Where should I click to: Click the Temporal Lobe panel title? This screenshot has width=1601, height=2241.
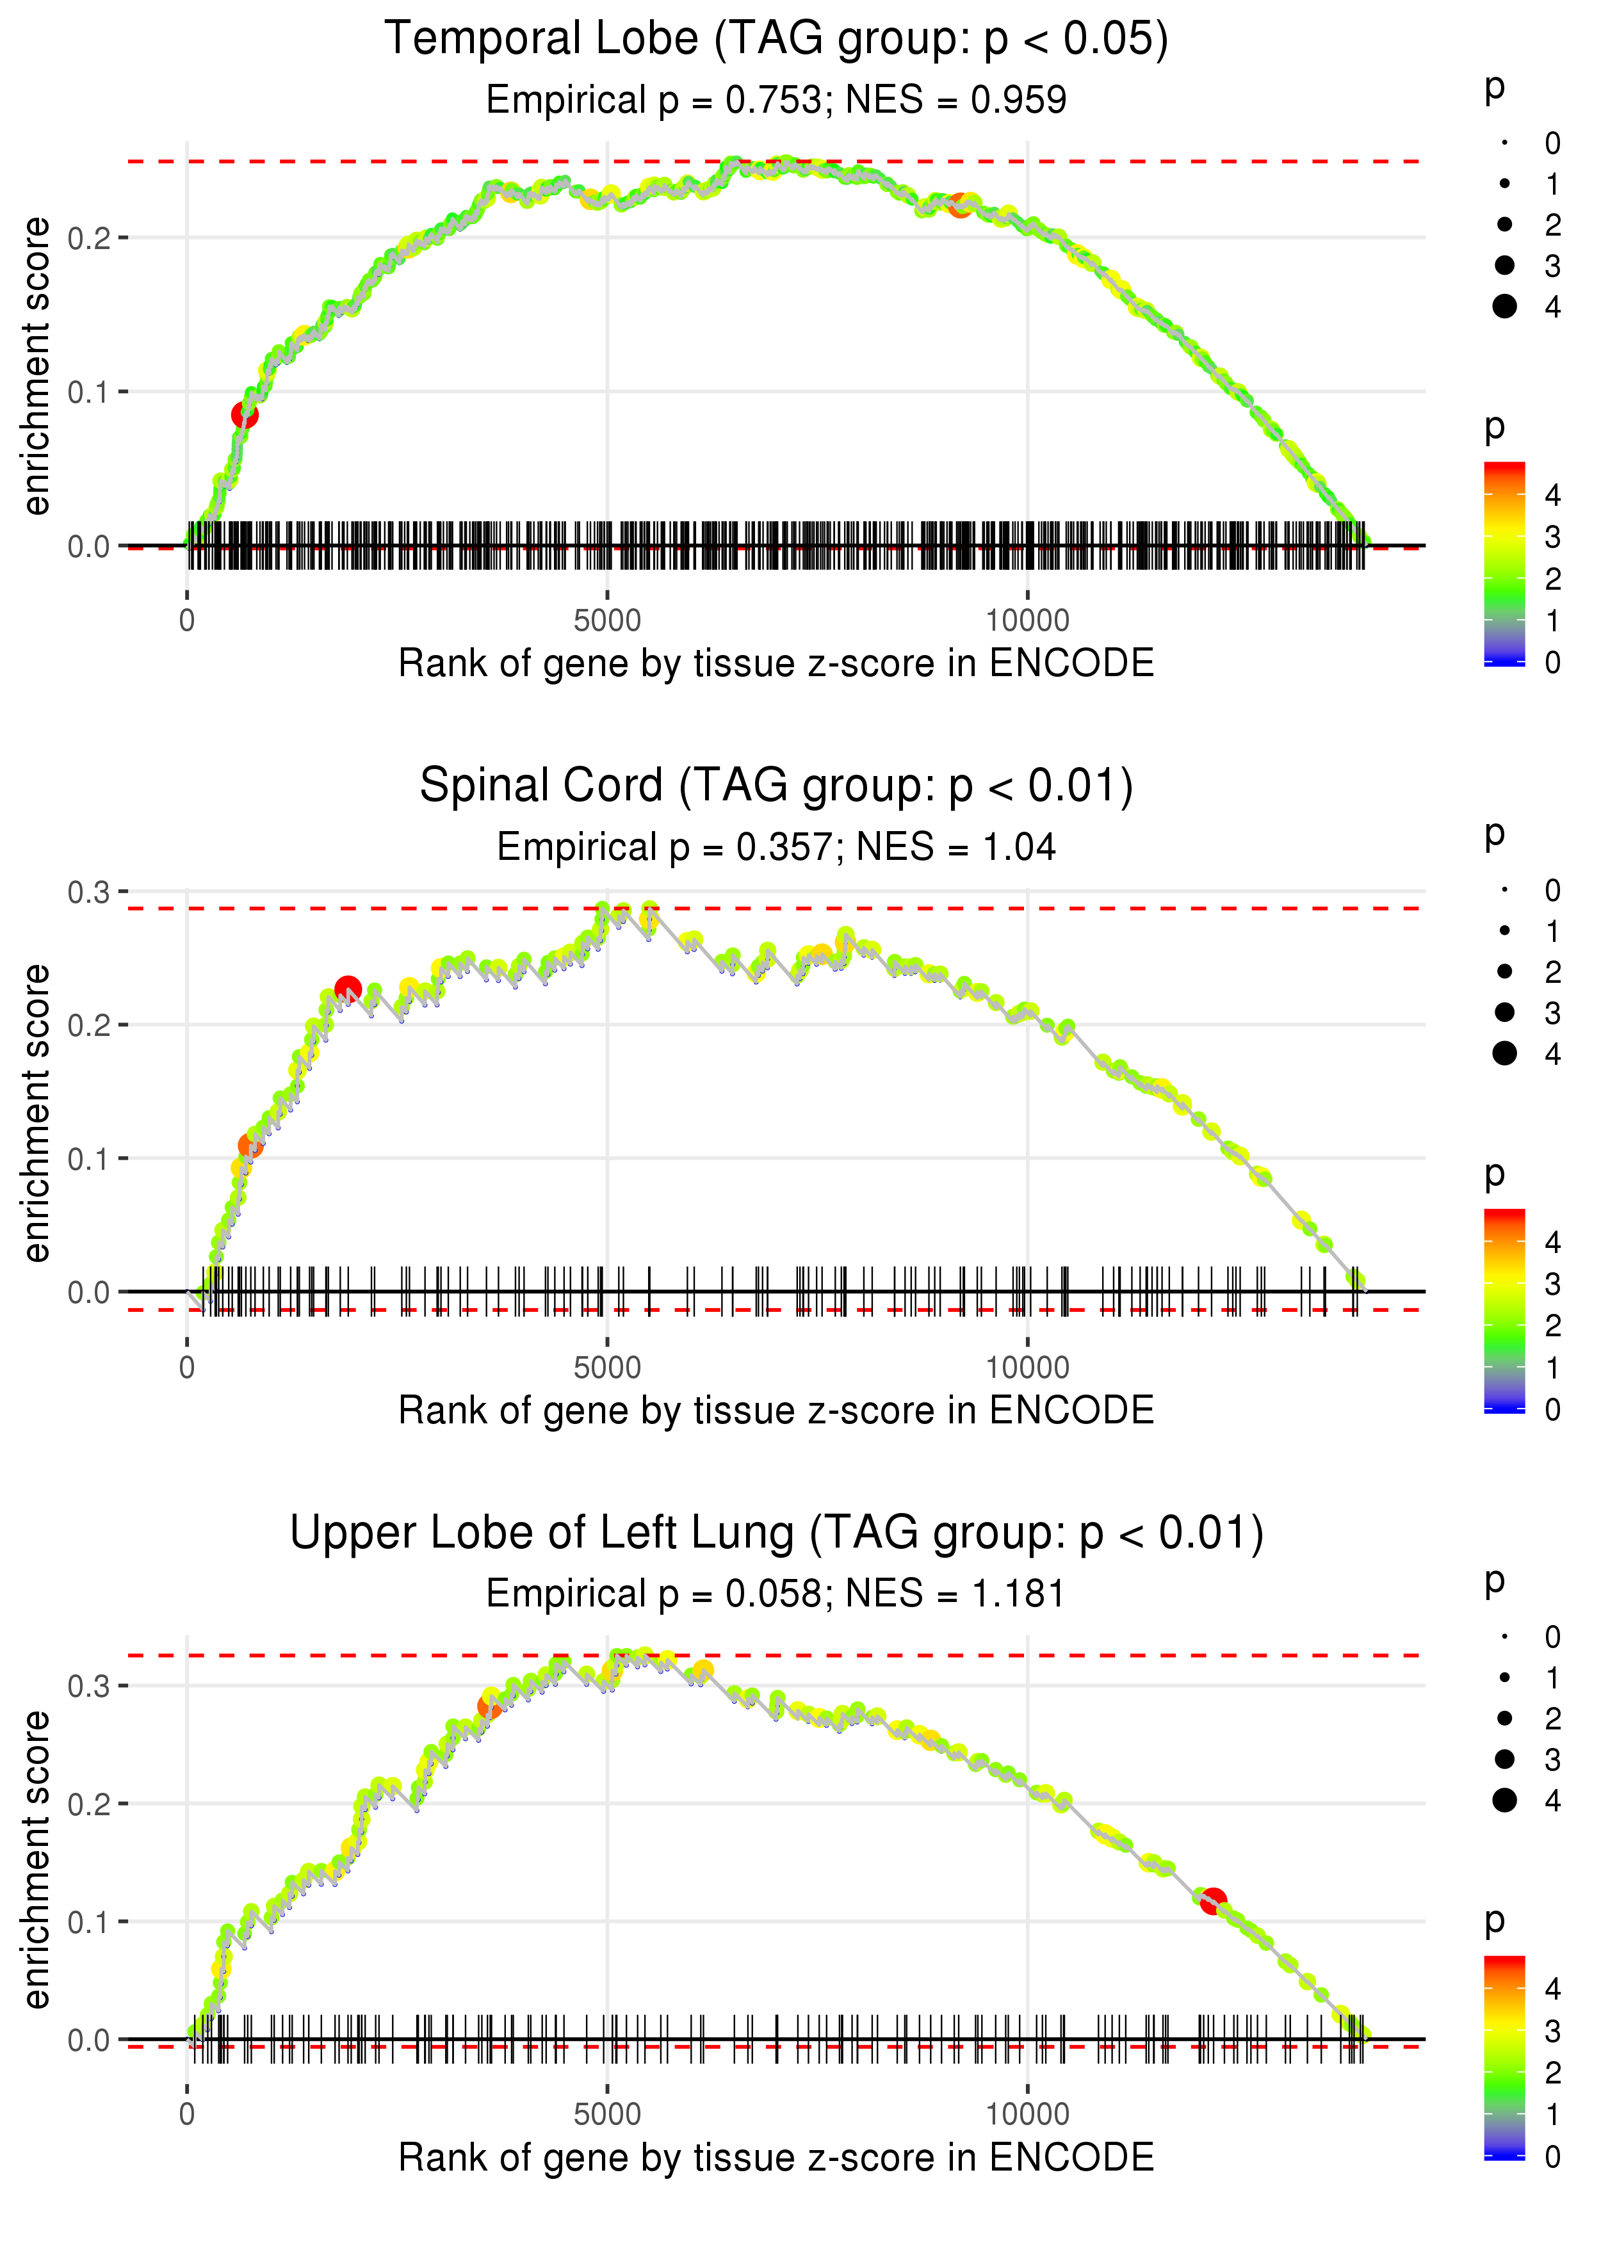[x=776, y=40]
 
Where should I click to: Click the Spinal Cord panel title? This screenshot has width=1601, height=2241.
[x=776, y=786]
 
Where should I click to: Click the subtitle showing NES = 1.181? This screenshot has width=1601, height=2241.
[x=776, y=1594]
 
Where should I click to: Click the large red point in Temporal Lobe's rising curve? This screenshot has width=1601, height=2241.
[x=245, y=415]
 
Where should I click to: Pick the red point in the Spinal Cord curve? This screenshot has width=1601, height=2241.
[x=347, y=989]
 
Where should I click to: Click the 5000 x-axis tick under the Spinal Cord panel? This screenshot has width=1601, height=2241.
[x=607, y=1368]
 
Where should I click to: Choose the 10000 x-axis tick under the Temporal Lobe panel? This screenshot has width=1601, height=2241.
[x=1027, y=621]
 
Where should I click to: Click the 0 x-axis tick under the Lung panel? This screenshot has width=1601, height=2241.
[x=187, y=2114]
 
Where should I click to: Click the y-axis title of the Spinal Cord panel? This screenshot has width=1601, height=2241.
[x=37, y=1113]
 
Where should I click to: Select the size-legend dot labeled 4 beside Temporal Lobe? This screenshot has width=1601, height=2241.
[x=1504, y=307]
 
